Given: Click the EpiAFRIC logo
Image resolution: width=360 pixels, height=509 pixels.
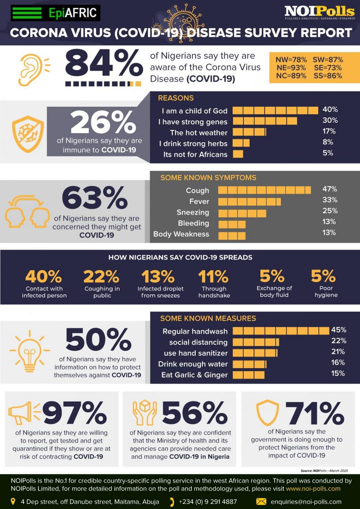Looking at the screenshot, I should pos(56,13).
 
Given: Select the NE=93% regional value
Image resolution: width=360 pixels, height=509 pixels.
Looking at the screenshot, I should pos(291,67).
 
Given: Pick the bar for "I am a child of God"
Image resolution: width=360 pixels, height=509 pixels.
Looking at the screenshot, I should pos(275,111).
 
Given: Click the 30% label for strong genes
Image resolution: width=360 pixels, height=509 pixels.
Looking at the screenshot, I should pos(330,120).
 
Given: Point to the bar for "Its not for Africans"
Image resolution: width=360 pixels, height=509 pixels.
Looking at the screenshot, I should pos(238,154).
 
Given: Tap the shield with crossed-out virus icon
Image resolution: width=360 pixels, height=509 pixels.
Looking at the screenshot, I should pos(28,134).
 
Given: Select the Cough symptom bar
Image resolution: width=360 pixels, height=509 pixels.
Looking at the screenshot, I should pos(264,190).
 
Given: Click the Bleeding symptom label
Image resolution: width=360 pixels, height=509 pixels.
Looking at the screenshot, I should pos(193,223).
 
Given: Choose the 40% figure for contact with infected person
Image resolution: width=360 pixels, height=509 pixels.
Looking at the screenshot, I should pos(44,276).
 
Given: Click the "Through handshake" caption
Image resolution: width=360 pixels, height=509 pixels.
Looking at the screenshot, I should pos(214,292).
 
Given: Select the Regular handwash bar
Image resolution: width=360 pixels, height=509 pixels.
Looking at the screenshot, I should pos(281,331).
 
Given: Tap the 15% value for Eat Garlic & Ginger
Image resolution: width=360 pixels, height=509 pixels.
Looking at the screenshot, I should pos(338,373).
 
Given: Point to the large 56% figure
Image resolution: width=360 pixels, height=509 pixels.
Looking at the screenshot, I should pos(194,413).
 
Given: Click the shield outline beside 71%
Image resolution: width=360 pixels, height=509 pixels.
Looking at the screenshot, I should pos(267,412).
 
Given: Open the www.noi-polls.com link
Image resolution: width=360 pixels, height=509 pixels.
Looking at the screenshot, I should pos(313,489).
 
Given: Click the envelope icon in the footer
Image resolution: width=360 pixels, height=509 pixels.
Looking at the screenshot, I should pos(261,501).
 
